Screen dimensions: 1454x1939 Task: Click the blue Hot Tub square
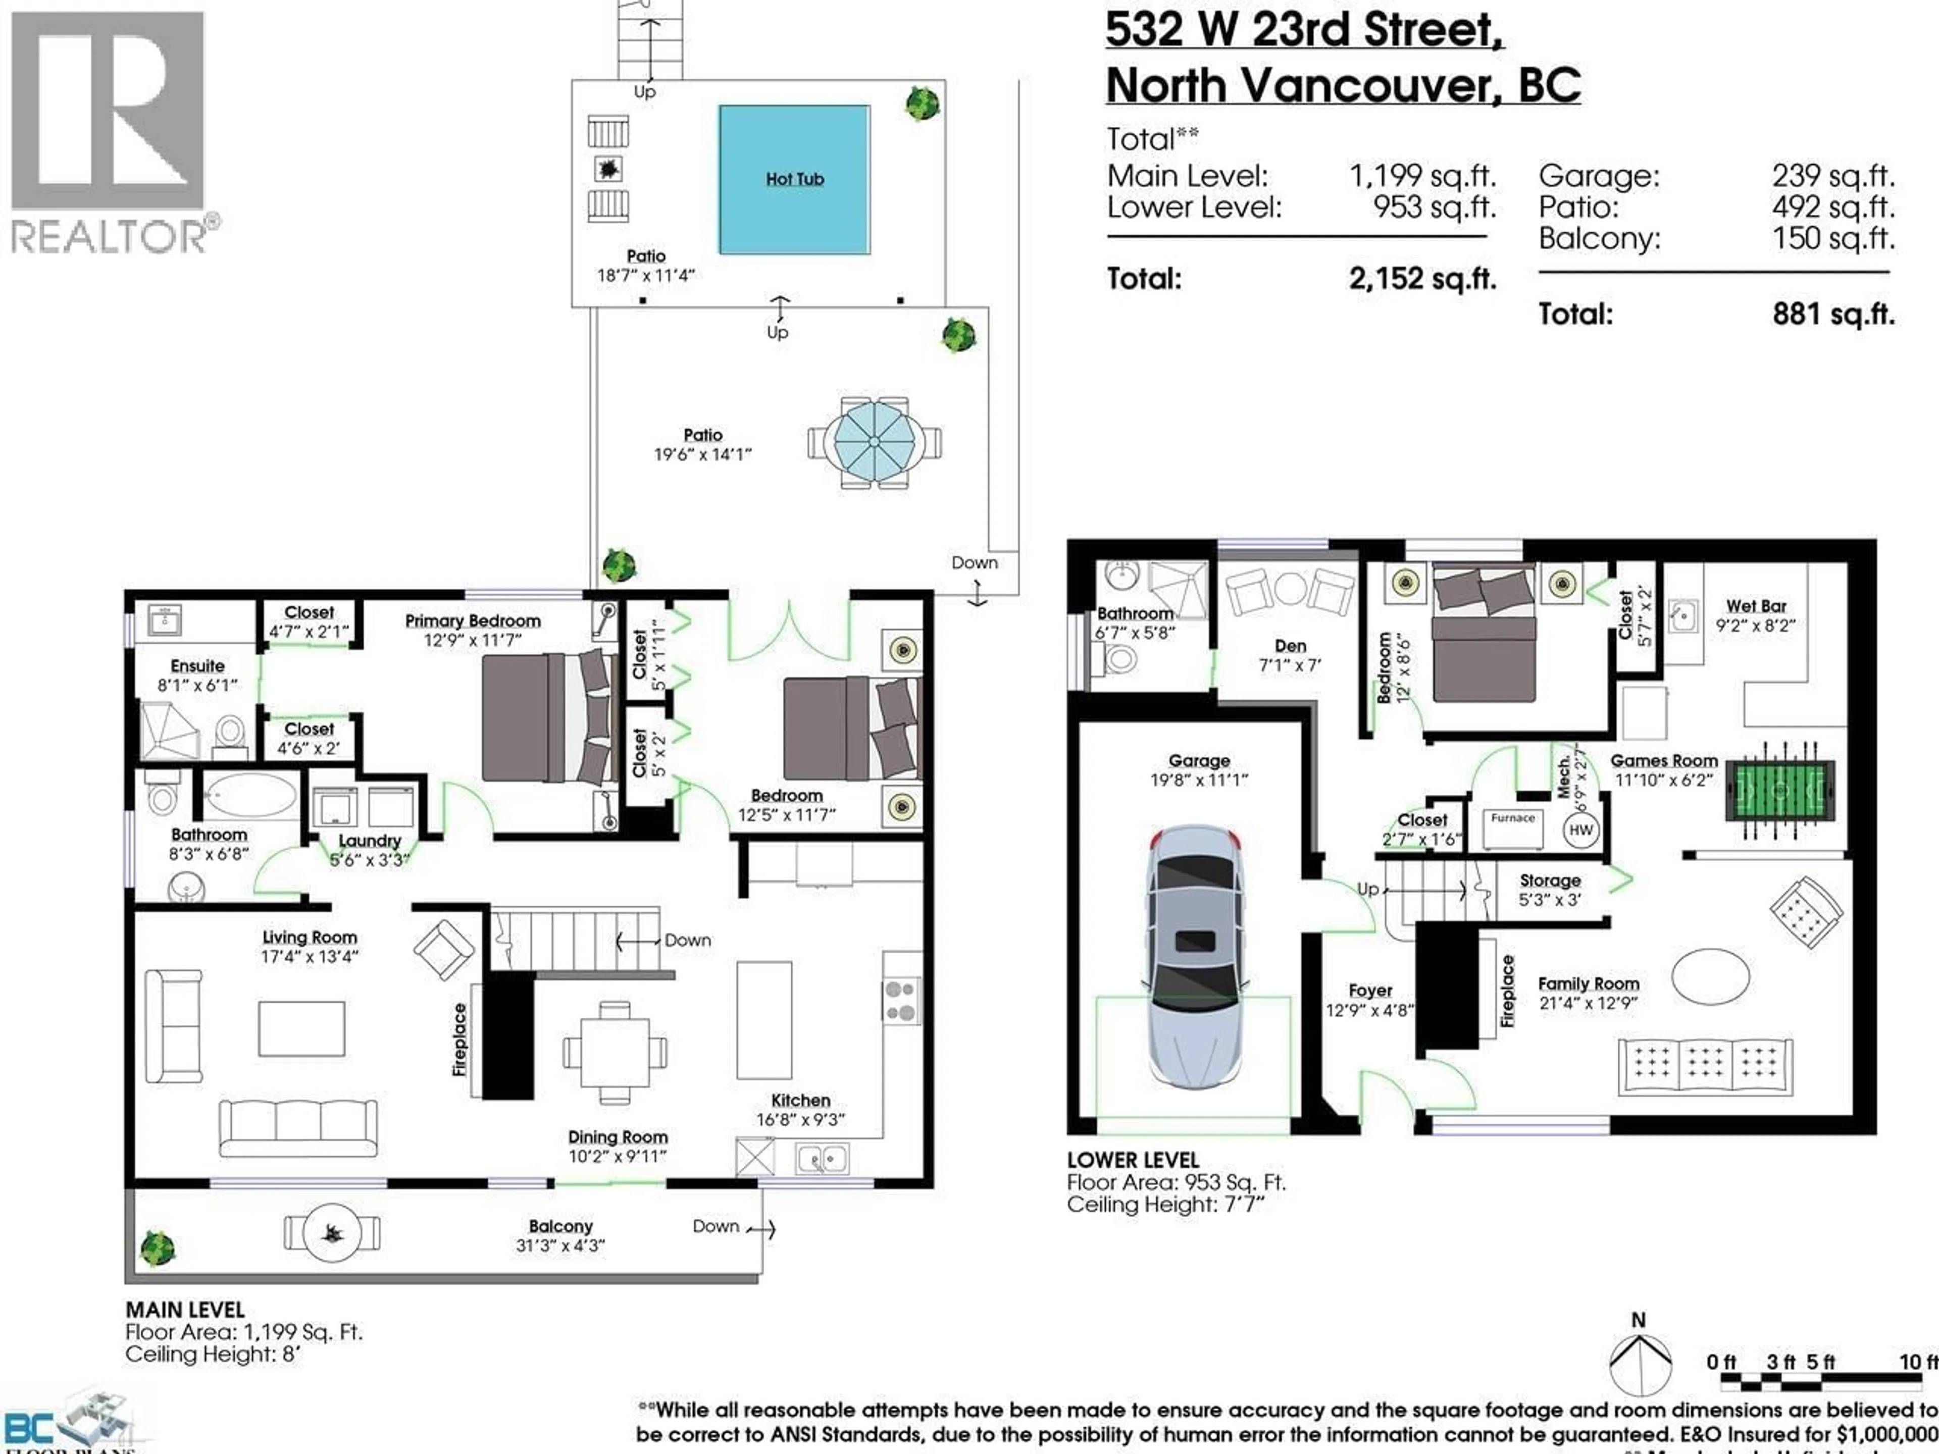click(x=794, y=180)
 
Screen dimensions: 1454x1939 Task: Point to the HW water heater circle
click(x=1580, y=830)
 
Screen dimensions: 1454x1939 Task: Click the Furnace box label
click(x=1513, y=818)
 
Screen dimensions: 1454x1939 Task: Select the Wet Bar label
click(x=1756, y=606)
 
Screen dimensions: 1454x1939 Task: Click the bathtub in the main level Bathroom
click(x=250, y=796)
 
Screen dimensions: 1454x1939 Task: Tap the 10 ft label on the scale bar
click(x=1918, y=1361)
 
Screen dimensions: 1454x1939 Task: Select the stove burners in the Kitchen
click(x=900, y=1001)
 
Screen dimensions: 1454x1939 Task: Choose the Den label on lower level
click(x=1290, y=646)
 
